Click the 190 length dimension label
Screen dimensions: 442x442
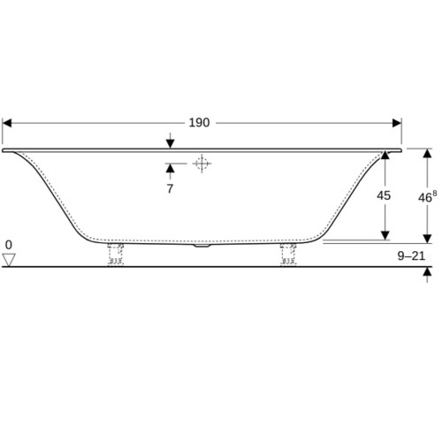pos(199,123)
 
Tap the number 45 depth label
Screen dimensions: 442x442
pos(384,195)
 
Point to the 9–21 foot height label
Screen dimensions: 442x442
pos(411,256)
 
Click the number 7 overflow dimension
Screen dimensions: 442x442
pos(170,189)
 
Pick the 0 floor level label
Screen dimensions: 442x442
pos(9,245)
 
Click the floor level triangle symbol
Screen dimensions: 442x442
pos(9,260)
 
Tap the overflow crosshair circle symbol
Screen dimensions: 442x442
pos(202,164)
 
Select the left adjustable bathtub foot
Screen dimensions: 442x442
pos(116,255)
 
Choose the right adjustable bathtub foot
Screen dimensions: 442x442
pos(288,255)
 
